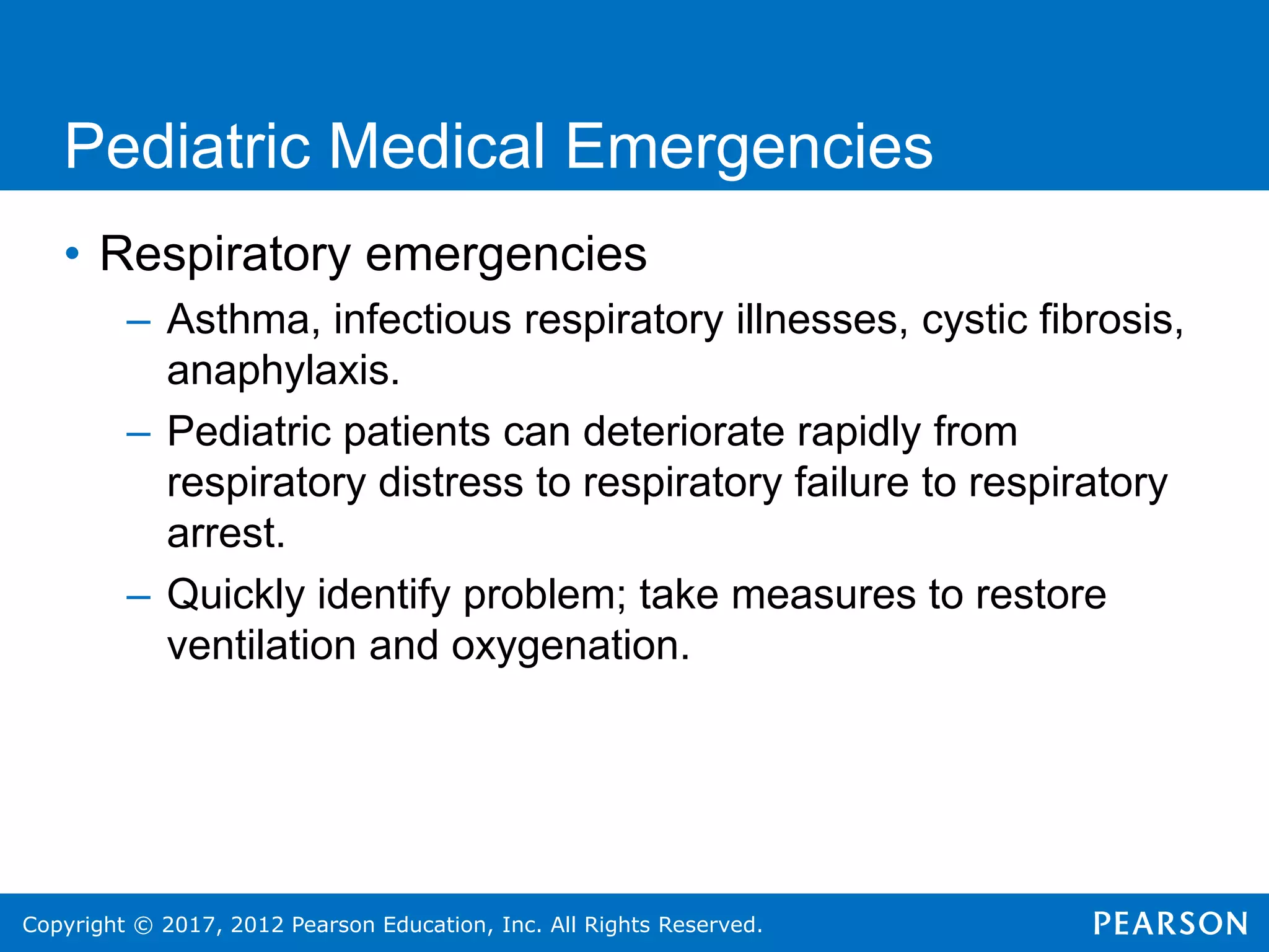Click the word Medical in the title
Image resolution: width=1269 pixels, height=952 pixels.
coord(436,147)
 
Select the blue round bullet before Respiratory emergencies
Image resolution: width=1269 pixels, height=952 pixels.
coord(72,253)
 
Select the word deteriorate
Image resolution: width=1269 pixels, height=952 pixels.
coord(683,432)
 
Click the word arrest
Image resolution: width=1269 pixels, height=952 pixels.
coord(226,534)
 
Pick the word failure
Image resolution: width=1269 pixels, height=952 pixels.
coord(851,483)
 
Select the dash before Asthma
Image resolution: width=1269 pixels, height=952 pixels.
coord(138,322)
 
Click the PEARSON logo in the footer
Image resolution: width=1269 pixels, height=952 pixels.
coord(1170,923)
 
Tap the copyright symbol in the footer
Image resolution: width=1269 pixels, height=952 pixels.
coord(143,925)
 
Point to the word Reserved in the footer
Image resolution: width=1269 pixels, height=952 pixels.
coord(709,925)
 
